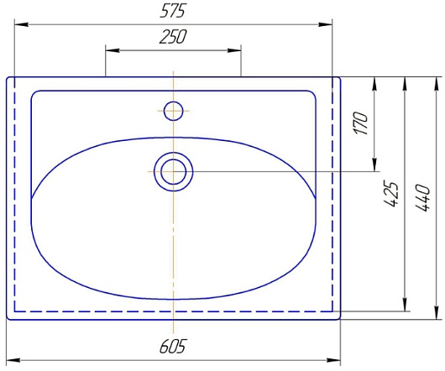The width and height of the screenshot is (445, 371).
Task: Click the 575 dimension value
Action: [173, 12]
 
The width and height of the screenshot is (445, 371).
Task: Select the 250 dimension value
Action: [173, 37]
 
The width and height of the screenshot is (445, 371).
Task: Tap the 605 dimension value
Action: [172, 347]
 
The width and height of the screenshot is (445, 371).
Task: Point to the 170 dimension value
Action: [360, 123]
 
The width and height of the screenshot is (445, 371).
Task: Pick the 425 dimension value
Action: [391, 193]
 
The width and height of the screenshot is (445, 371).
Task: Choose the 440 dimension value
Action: [423, 198]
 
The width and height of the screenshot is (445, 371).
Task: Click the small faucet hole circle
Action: [174, 111]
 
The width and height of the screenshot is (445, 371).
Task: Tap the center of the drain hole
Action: [174, 171]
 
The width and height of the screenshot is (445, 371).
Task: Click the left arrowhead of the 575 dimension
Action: [21, 24]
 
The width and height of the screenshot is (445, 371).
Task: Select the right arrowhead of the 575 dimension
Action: [325, 24]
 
